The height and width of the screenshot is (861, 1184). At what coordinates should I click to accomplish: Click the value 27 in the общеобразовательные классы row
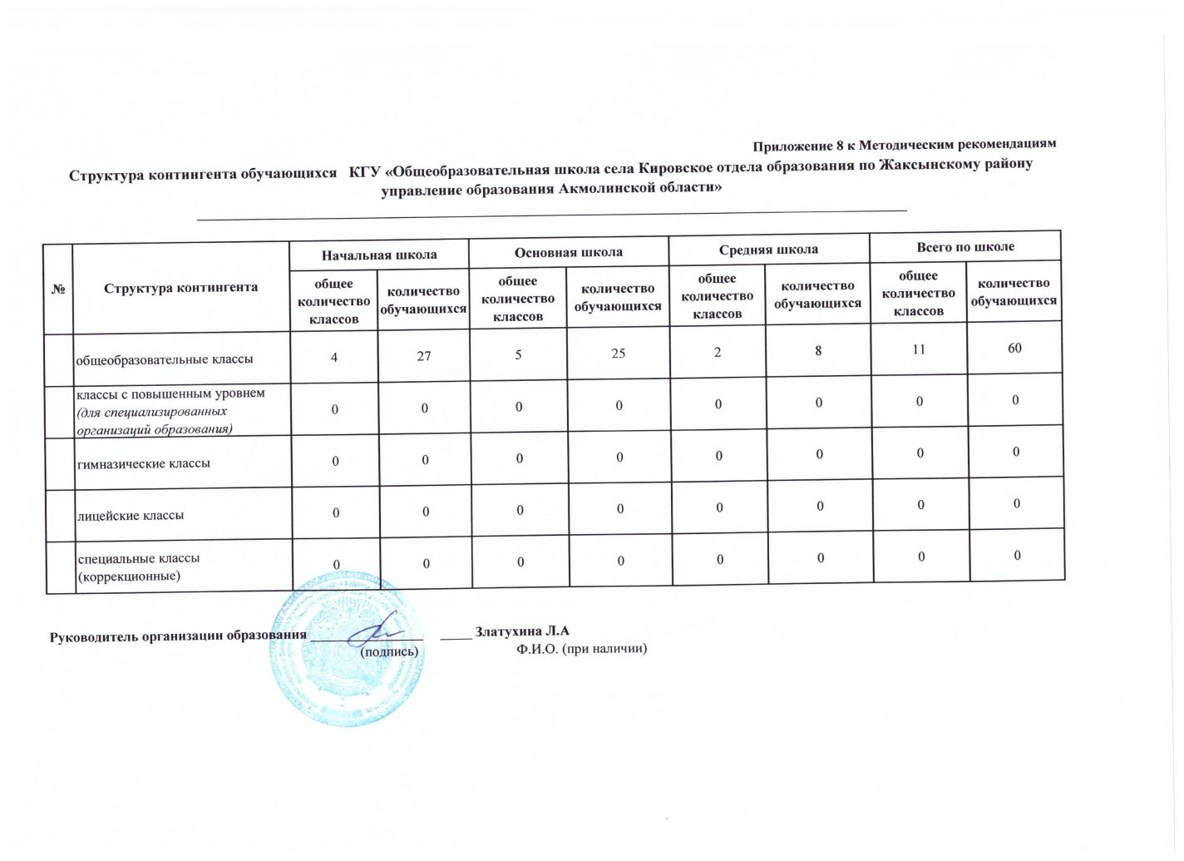[424, 356]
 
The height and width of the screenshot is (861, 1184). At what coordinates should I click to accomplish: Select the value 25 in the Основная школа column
[618, 354]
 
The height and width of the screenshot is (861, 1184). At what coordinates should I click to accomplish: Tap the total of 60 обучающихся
[1014, 349]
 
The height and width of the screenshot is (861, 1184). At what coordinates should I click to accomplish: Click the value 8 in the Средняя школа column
[818, 351]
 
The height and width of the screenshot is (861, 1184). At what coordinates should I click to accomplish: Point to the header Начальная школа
[379, 255]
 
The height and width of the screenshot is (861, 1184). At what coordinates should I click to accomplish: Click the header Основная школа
[569, 252]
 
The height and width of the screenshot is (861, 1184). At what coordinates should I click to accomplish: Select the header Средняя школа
[768, 250]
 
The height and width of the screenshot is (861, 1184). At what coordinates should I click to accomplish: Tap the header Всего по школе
[965, 247]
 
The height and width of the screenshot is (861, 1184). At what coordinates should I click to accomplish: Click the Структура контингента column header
[180, 288]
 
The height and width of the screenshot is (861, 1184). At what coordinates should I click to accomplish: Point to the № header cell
[59, 289]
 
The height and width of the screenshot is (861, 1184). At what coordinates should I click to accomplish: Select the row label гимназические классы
[143, 463]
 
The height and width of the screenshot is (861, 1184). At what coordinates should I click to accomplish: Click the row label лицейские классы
[131, 515]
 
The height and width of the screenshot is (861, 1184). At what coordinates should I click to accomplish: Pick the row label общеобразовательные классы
[165, 360]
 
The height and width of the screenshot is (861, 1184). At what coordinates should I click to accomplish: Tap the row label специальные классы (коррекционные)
[138, 567]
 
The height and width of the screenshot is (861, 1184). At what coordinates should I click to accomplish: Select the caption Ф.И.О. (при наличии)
[581, 648]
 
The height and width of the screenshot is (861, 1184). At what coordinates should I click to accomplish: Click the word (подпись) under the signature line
[388, 651]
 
